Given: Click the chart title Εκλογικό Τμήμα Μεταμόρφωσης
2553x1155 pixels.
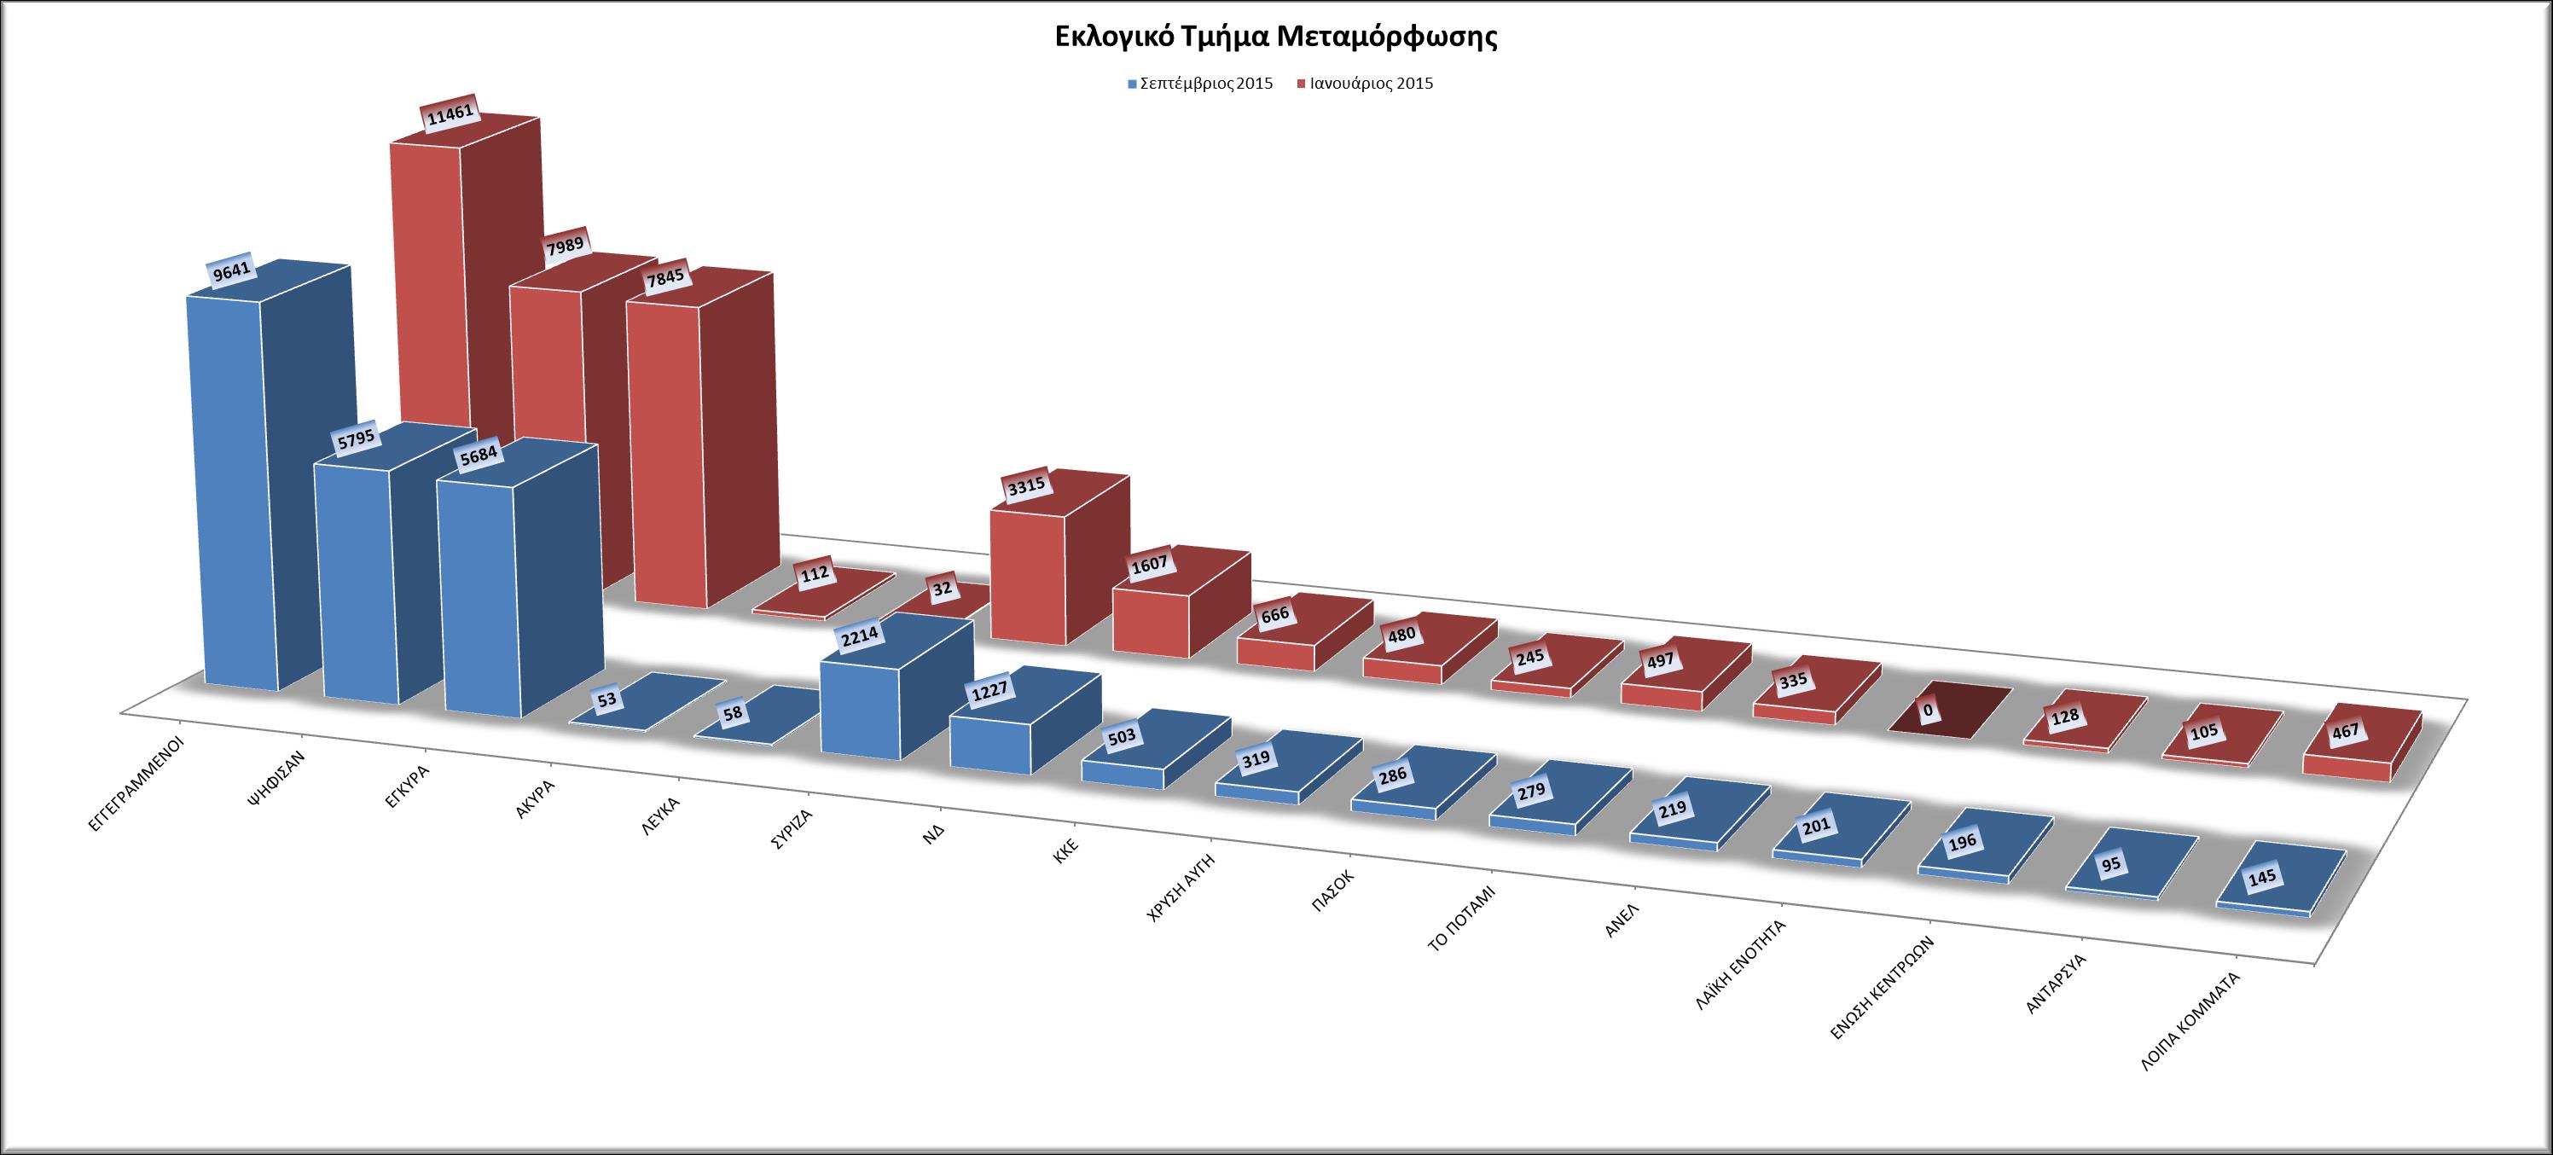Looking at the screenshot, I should click(x=1275, y=38).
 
